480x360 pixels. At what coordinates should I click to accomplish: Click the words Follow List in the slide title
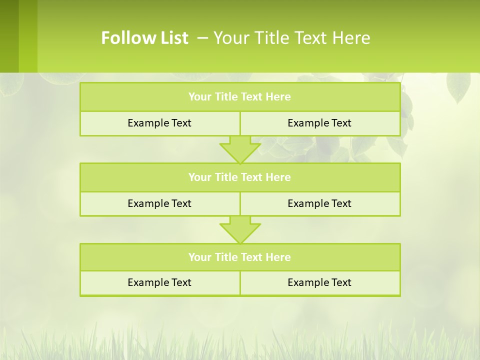(x=144, y=38)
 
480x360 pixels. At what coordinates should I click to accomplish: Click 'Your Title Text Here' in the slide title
(x=291, y=38)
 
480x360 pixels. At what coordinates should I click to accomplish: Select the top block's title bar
(x=240, y=97)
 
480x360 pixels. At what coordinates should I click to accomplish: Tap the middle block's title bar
(x=240, y=177)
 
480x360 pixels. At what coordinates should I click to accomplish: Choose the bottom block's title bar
(x=240, y=257)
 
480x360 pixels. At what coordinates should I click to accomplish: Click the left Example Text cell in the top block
(x=159, y=123)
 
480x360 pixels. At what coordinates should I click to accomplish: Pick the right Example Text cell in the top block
(x=319, y=123)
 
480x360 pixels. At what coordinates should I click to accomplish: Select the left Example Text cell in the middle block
(x=159, y=203)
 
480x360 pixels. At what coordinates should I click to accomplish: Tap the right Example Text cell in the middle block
(x=319, y=203)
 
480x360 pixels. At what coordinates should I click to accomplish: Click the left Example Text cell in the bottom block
(x=159, y=283)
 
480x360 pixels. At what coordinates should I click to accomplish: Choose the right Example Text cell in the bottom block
(x=319, y=283)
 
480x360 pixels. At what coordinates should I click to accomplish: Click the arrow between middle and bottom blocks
(x=240, y=230)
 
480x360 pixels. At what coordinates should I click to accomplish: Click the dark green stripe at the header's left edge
(x=9, y=36)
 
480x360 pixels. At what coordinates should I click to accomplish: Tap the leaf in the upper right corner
(x=457, y=87)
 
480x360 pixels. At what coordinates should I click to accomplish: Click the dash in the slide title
(x=203, y=38)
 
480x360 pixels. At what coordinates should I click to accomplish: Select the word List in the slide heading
(x=173, y=38)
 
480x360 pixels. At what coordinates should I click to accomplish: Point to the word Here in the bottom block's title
(x=278, y=257)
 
